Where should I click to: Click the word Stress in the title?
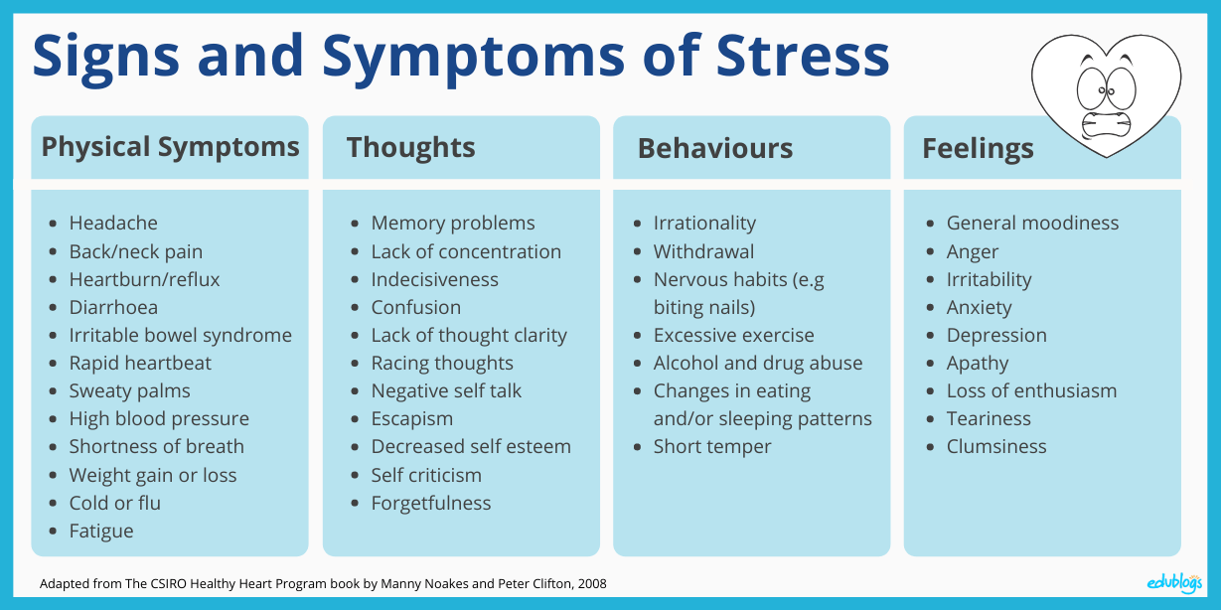click(x=803, y=56)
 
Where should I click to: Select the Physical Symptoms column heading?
click(x=170, y=147)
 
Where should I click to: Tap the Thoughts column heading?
click(x=411, y=147)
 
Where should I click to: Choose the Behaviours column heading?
click(x=715, y=148)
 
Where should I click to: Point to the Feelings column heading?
click(x=978, y=149)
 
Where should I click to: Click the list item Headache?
click(x=113, y=223)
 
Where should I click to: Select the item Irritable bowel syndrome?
click(x=181, y=335)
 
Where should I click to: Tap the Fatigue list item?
click(x=101, y=531)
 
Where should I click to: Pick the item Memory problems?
click(x=453, y=224)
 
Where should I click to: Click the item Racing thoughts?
click(x=442, y=363)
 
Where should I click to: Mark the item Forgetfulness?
click(x=430, y=503)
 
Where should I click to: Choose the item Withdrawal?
click(x=703, y=252)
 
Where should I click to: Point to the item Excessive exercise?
click(x=733, y=335)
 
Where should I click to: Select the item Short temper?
click(x=712, y=447)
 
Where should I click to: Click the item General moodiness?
click(x=1032, y=223)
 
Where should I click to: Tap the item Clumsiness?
click(x=996, y=447)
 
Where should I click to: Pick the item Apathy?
click(x=978, y=364)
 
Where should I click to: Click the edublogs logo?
click(x=1174, y=583)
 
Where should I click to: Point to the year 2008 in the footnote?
click(x=592, y=584)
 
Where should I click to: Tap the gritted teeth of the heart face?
click(x=1106, y=125)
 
